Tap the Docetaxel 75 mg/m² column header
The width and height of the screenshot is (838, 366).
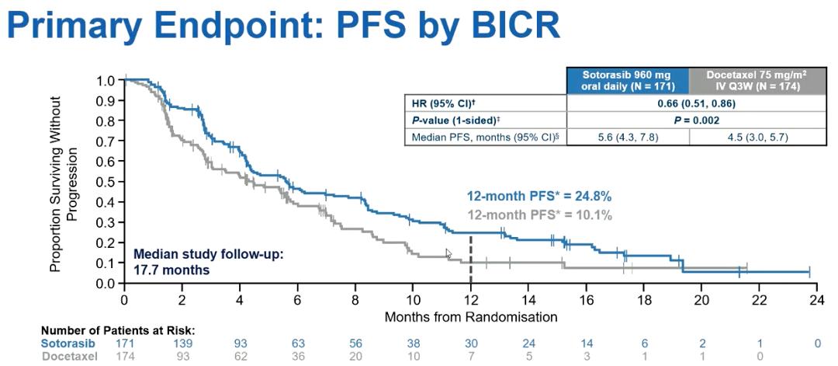click(751, 80)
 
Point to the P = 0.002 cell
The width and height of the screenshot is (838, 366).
click(690, 120)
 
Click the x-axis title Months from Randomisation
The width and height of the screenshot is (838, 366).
click(471, 316)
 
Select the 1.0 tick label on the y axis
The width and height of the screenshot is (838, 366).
click(106, 80)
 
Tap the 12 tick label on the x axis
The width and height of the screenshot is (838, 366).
click(470, 301)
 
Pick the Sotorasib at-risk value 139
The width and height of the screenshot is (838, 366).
click(182, 342)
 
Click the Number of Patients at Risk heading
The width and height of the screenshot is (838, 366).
click(117, 330)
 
